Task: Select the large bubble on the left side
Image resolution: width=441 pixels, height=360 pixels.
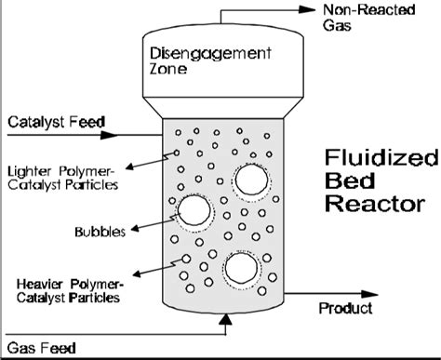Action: pos(195,210)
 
